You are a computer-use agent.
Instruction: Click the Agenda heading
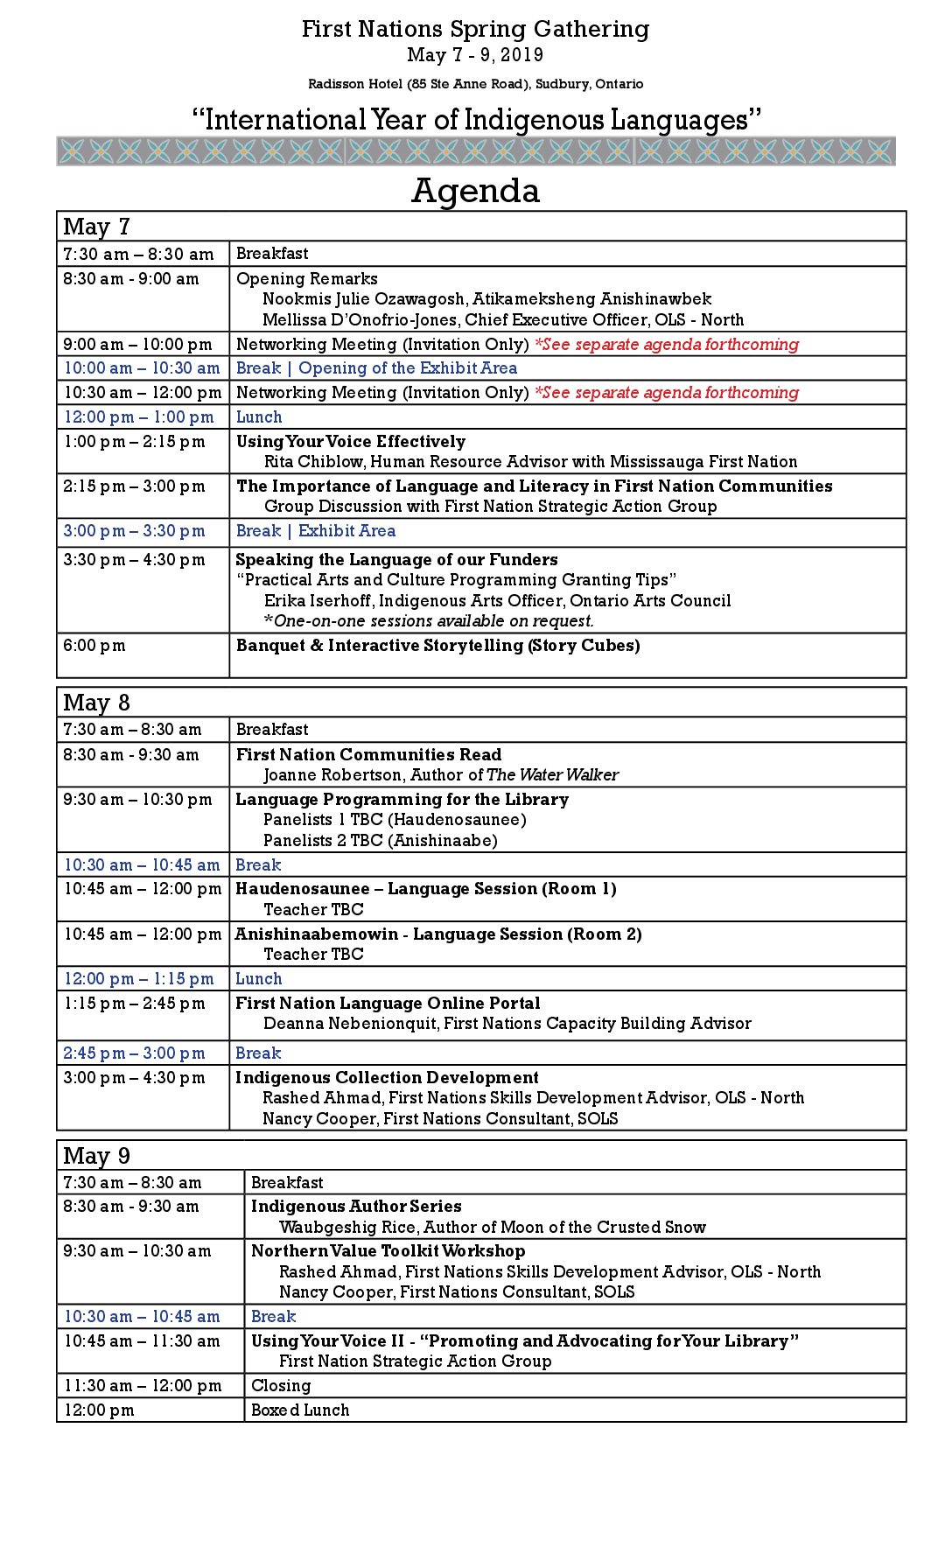(x=475, y=191)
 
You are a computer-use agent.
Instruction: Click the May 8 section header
(x=96, y=703)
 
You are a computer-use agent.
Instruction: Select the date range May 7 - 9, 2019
(x=475, y=55)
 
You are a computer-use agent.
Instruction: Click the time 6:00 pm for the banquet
(x=94, y=646)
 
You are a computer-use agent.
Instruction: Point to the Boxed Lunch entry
(x=300, y=1410)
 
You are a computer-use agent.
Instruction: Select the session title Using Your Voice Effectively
(x=351, y=442)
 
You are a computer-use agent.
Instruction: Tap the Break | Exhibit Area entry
(x=316, y=531)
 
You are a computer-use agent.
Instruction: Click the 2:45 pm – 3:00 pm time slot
(x=134, y=1053)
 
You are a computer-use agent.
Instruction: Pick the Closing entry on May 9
(x=281, y=1386)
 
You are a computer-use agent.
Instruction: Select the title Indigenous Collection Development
(x=387, y=1078)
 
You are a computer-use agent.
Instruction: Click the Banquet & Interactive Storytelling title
(x=437, y=646)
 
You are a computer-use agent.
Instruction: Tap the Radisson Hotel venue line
(x=475, y=84)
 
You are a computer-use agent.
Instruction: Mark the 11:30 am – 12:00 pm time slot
(x=143, y=1386)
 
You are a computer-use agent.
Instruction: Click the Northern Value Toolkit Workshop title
(x=388, y=1251)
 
